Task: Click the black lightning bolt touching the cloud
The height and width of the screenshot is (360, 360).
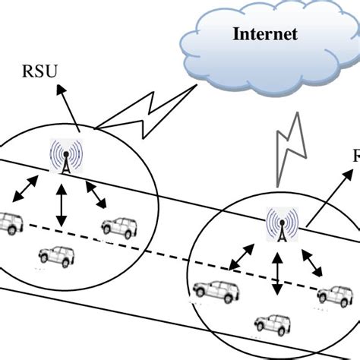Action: pyautogui.click(x=152, y=114)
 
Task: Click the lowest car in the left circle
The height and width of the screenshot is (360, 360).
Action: pyautogui.click(x=56, y=256)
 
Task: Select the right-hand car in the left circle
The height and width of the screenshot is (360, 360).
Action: pyautogui.click(x=118, y=226)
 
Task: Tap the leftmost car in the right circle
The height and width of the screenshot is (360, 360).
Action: pyautogui.click(x=216, y=289)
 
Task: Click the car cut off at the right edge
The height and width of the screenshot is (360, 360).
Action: pyautogui.click(x=338, y=293)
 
